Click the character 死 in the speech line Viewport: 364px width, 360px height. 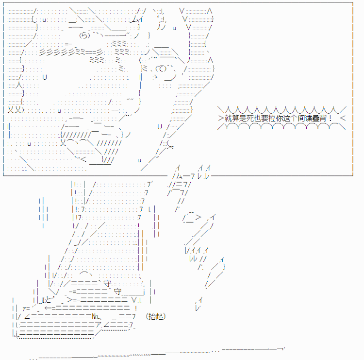tap(250, 118)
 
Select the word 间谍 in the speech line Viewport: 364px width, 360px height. tap(305, 118)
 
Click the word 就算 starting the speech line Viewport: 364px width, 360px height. tap(232, 118)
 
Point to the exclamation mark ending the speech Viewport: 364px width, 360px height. tap(331, 118)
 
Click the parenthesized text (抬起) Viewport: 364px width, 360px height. tap(156, 316)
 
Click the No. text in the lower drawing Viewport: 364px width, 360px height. tap(96, 316)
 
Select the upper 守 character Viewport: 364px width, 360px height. tap(107, 283)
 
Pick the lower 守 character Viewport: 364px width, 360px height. tap(118, 291)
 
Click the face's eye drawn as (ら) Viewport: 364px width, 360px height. tap(84, 35)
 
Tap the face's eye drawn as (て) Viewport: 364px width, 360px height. tap(161, 69)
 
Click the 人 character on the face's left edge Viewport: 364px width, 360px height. tap(19, 85)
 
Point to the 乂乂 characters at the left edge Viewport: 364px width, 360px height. tap(16, 109)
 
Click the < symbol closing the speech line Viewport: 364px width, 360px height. tap(343, 118)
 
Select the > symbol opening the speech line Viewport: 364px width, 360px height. tap(221, 118)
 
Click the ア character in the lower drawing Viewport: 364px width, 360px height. tap(98, 325)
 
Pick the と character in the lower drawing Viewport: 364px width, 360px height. tap(48, 300)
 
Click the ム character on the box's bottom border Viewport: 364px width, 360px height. tap(180, 176)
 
